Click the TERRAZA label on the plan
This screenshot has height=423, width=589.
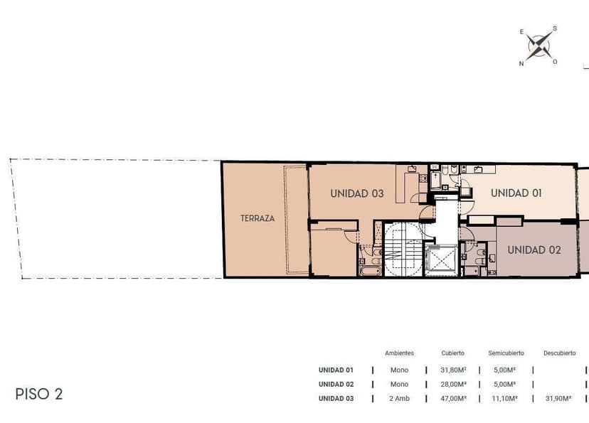(258, 218)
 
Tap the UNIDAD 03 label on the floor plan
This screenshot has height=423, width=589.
(357, 193)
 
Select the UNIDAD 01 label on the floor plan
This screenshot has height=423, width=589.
(516, 193)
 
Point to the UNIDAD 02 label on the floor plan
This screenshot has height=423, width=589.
(534, 250)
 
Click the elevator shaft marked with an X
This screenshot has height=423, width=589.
(441, 259)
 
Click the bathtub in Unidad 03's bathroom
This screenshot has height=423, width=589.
(370, 271)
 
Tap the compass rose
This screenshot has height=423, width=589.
(539, 45)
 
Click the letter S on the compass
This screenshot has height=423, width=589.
(555, 28)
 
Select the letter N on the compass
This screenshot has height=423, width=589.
(521, 63)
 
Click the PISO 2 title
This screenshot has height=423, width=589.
(38, 394)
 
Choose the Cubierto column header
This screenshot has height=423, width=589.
(452, 353)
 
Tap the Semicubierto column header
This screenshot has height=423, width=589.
(506, 353)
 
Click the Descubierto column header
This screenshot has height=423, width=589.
(559, 353)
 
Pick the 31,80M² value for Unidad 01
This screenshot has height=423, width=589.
(453, 370)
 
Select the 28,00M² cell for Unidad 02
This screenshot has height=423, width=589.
(453, 385)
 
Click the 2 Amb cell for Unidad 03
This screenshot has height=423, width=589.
(399, 399)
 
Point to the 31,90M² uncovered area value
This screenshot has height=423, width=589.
(558, 399)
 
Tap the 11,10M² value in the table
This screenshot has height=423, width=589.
(504, 399)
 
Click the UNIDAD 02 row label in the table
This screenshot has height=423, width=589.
(336, 385)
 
